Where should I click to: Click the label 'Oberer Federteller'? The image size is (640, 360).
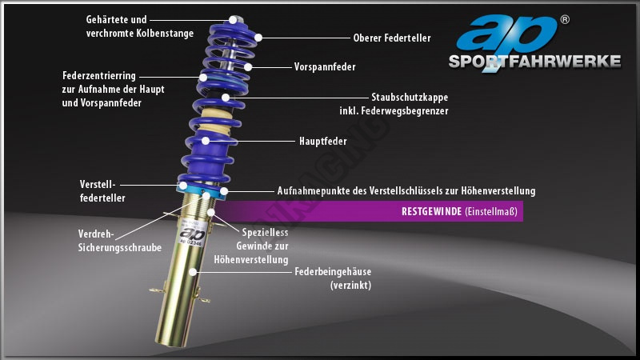point(391,37)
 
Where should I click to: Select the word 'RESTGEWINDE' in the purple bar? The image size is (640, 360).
point(430,212)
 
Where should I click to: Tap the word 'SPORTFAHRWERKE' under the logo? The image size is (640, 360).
point(534,62)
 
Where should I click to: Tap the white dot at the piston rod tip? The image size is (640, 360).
point(233,18)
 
